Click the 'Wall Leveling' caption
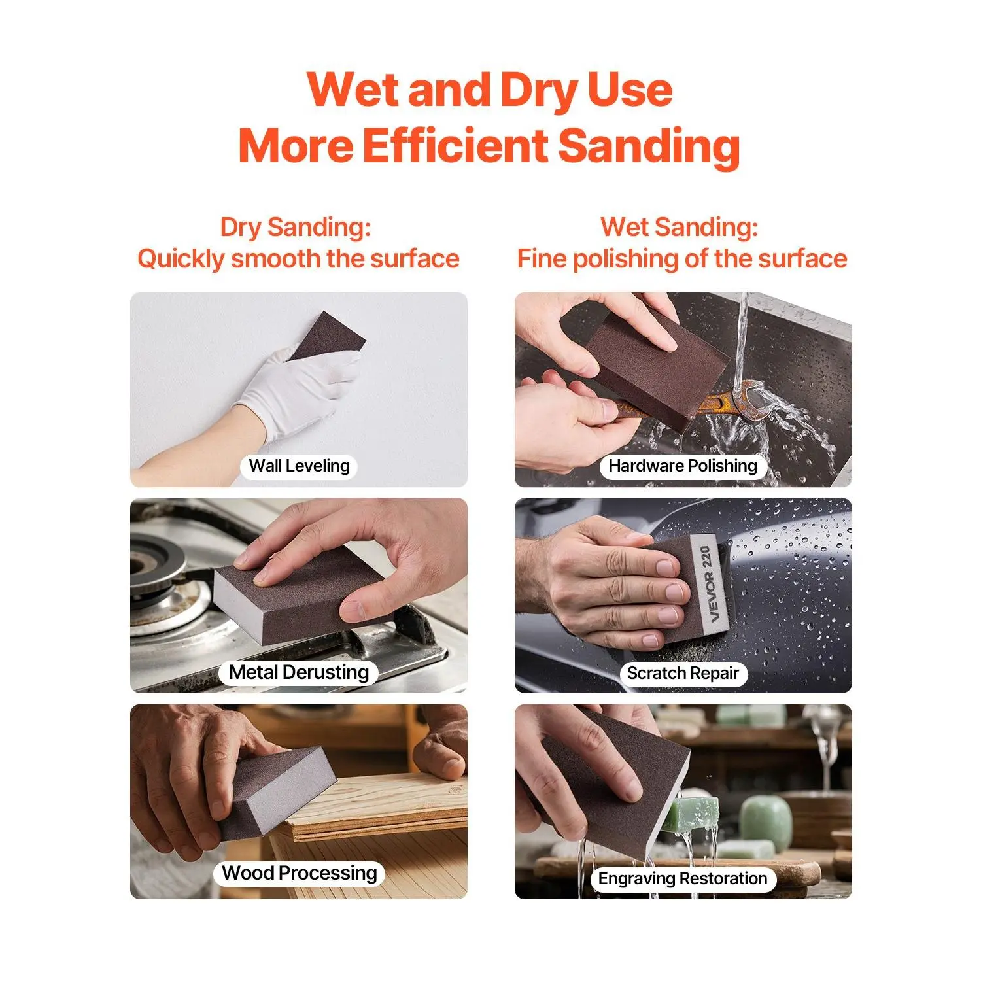tap(300, 466)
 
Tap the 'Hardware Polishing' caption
tap(683, 466)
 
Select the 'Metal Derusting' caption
tap(299, 672)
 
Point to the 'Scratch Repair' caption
tap(683, 673)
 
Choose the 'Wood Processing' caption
tap(300, 873)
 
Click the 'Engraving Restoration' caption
tap(683, 878)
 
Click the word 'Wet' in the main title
tap(354, 90)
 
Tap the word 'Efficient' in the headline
tap(455, 145)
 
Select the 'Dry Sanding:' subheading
tap(296, 228)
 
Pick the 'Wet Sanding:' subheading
tap(680, 228)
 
